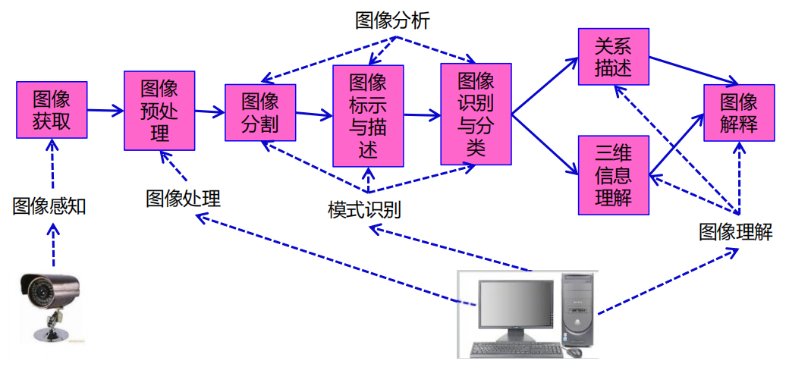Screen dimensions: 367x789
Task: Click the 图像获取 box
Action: click(52, 109)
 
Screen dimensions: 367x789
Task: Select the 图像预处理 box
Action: click(159, 111)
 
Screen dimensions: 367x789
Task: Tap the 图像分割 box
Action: click(260, 113)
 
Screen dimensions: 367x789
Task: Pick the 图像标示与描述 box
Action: click(368, 115)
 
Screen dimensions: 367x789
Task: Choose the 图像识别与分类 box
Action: click(476, 114)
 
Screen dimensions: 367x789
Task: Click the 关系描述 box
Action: click(614, 56)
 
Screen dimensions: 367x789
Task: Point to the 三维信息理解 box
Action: click(614, 174)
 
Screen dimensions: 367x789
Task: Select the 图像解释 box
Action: click(738, 112)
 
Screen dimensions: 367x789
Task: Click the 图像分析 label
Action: click(392, 21)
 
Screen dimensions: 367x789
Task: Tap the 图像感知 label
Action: click(49, 206)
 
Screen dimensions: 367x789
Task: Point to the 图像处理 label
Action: click(183, 199)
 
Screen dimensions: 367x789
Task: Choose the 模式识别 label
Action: click(364, 210)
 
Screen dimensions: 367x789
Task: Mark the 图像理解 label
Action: click(735, 232)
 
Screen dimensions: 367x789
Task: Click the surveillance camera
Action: click(49, 300)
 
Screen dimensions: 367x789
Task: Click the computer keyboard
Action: click(516, 350)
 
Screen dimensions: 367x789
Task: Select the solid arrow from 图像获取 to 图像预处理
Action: click(105, 111)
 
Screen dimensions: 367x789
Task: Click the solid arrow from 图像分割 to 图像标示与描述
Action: click(314, 114)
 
